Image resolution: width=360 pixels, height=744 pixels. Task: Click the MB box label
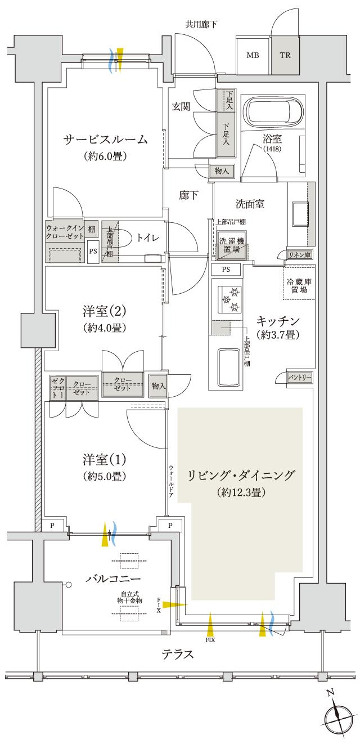coord(253,56)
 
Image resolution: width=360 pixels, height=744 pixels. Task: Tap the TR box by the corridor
coord(285,56)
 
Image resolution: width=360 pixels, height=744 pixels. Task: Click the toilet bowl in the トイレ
coord(126,238)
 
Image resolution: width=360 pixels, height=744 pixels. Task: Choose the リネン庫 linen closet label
coord(299,255)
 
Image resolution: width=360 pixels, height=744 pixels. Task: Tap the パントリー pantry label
coord(299,377)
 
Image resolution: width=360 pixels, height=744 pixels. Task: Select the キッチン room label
coord(278,321)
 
